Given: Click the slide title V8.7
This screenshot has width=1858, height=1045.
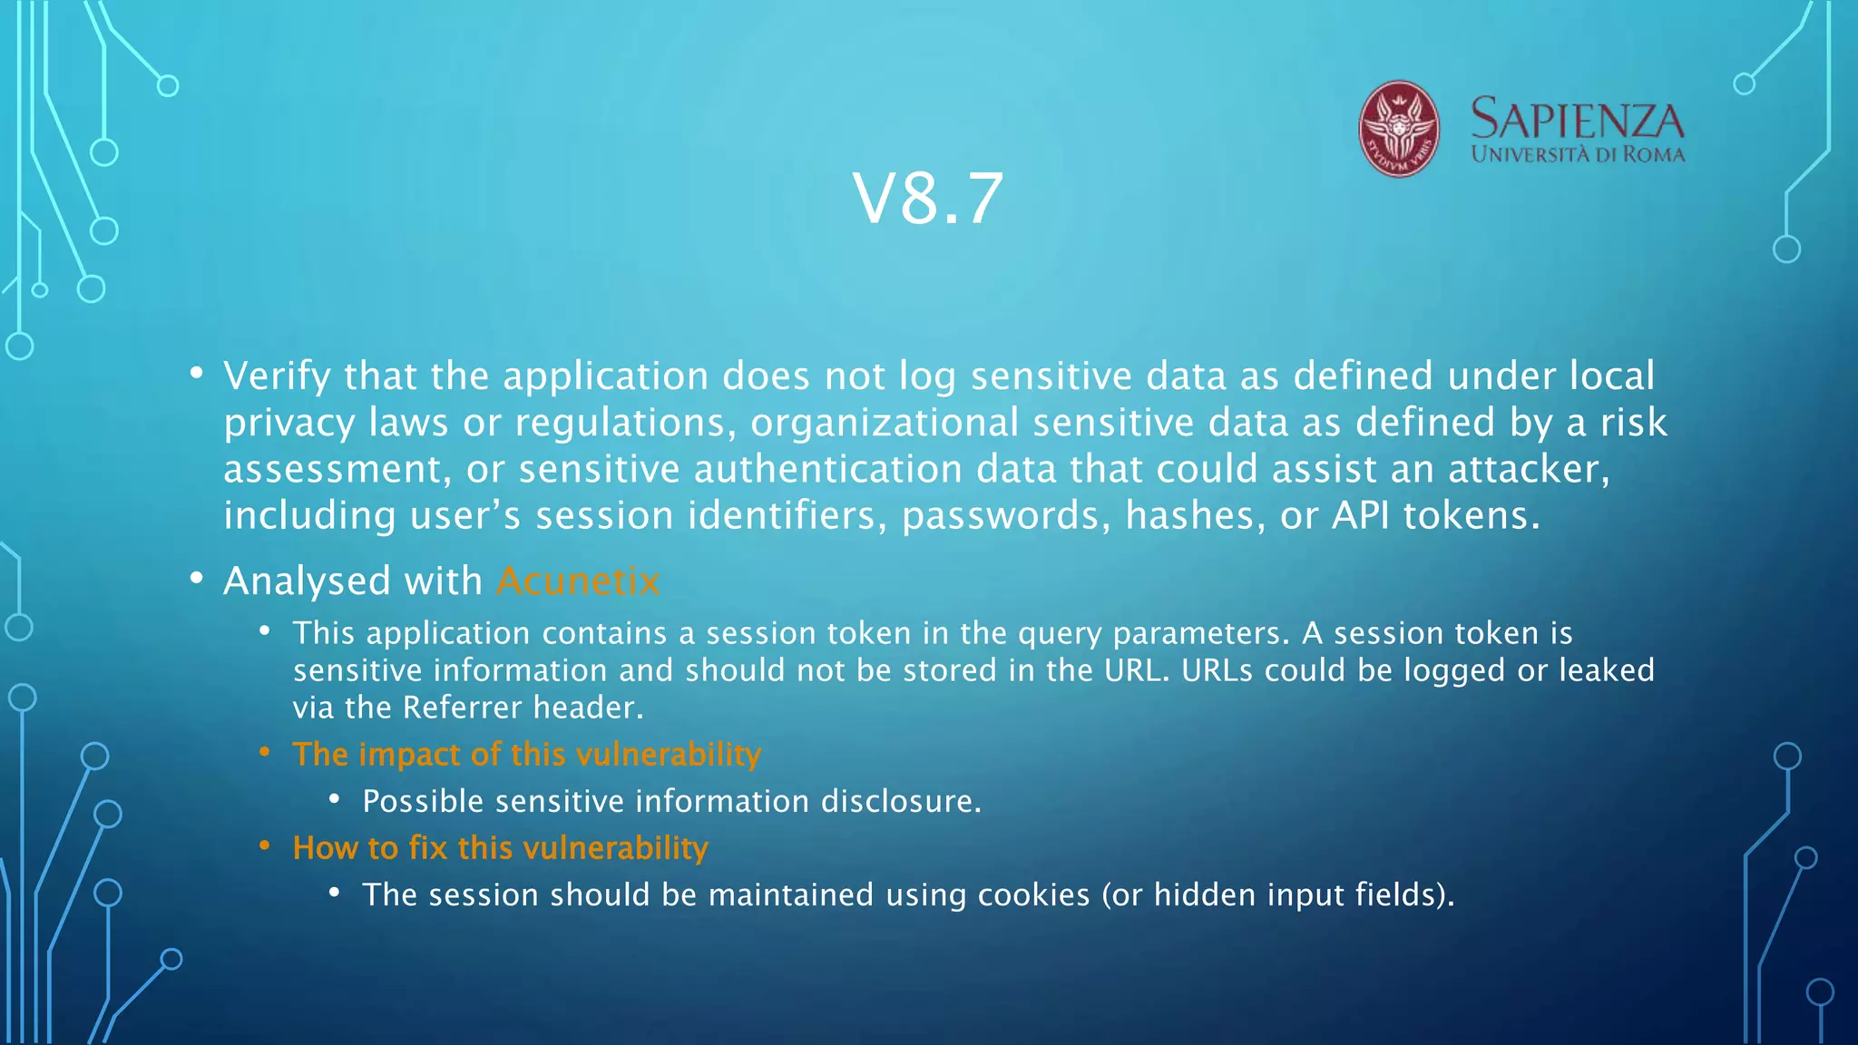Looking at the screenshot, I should (x=927, y=199).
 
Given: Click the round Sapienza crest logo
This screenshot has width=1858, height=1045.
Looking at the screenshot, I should (x=1398, y=129).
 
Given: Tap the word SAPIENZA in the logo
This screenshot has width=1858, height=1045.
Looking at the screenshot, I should (x=1577, y=120).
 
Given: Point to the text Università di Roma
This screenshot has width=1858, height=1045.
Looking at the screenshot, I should (x=1578, y=154).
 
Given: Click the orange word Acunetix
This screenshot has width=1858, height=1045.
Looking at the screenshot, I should (x=578, y=581).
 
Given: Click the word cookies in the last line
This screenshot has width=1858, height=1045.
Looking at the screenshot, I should (x=1033, y=895).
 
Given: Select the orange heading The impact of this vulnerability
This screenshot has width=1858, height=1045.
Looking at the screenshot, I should (x=526, y=755).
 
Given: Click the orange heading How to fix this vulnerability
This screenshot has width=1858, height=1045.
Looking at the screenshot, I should (x=500, y=848).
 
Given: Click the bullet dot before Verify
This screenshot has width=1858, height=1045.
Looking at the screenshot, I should (x=197, y=374).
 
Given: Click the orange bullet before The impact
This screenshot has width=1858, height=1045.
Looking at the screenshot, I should (x=265, y=752).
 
